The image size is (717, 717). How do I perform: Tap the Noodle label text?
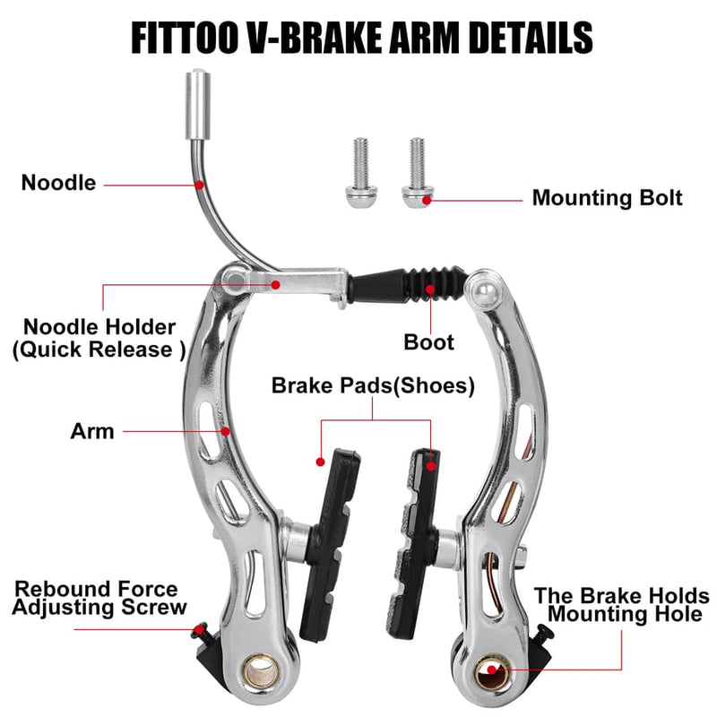(x=59, y=184)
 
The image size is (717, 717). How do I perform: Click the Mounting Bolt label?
(x=607, y=198)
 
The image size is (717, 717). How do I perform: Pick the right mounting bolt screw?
(x=417, y=170)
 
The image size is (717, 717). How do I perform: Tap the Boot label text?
(x=429, y=341)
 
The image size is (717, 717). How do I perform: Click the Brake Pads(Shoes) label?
(x=373, y=385)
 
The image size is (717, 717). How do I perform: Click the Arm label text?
(x=92, y=431)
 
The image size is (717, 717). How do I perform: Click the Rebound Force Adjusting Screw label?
(x=98, y=598)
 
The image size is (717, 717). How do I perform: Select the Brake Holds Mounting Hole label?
(x=622, y=605)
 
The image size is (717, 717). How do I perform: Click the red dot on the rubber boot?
(x=432, y=289)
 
